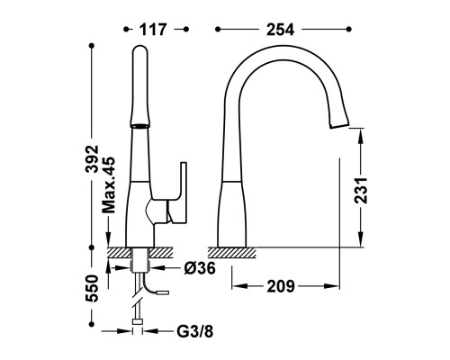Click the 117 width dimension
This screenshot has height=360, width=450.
pyautogui.click(x=153, y=30)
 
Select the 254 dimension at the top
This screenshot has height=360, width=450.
pyautogui.click(x=280, y=30)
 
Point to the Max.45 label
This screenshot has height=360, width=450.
pyautogui.click(x=108, y=185)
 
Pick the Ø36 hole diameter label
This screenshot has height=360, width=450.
pyautogui.click(x=200, y=268)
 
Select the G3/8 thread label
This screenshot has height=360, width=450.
pyautogui.click(x=195, y=331)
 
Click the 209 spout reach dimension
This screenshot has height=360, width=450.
pyautogui.click(x=281, y=286)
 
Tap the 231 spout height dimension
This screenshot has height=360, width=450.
pyautogui.click(x=361, y=191)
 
